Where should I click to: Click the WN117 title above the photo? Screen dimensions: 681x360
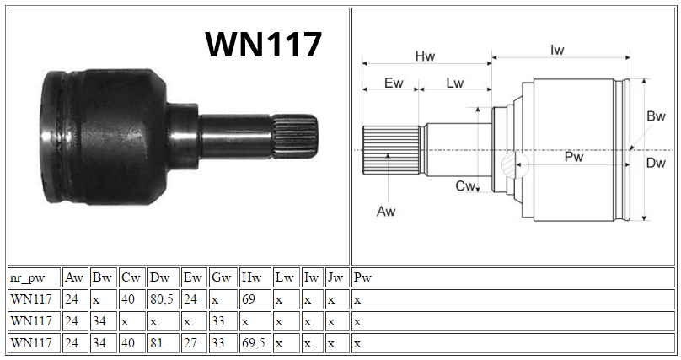point(263,45)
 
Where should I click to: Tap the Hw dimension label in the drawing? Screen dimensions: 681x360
point(425,56)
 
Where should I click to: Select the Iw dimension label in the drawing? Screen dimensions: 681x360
point(557,50)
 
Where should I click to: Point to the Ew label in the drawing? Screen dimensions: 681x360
point(394,83)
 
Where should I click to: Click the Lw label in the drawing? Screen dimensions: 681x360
point(455,83)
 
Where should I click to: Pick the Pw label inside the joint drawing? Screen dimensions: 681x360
point(573,157)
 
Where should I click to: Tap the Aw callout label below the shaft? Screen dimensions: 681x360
point(386,212)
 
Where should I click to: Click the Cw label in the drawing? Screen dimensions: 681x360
point(465,185)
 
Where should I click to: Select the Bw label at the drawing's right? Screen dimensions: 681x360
point(656,116)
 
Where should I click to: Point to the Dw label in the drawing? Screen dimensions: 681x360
point(656,163)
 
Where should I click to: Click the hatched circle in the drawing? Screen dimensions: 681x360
point(515,165)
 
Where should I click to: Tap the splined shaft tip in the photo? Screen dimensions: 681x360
point(295,137)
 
